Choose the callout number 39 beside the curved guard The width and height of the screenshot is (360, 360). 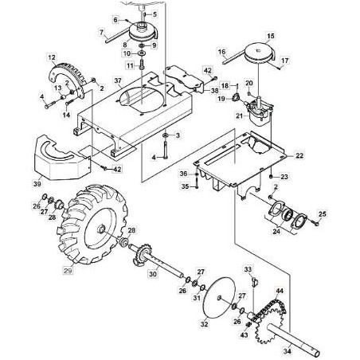click(34, 184)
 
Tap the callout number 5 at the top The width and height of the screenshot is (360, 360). click(155, 14)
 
